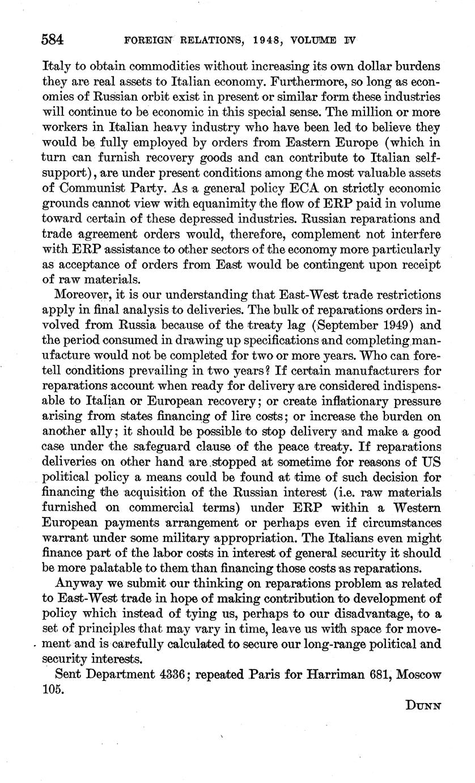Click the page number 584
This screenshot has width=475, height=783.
[x=52, y=40]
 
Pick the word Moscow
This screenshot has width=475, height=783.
[x=419, y=675]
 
